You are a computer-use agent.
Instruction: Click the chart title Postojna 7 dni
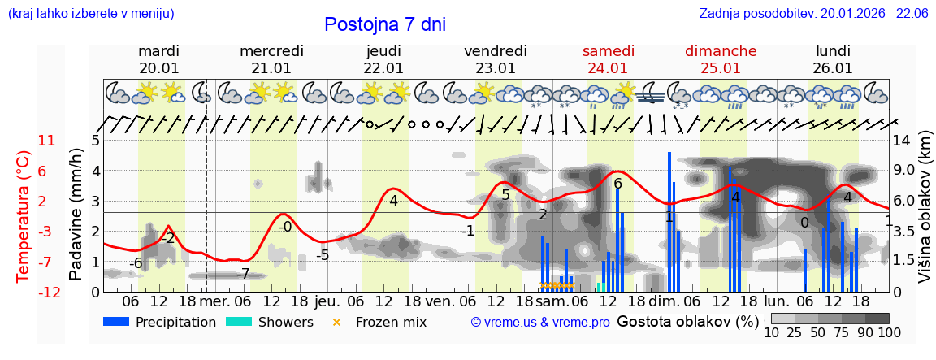[x=385, y=24]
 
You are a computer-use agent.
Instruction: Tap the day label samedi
[x=608, y=50]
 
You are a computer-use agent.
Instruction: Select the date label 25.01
[x=721, y=68]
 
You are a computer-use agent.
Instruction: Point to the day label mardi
[x=159, y=50]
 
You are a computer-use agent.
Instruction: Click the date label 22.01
[x=383, y=68]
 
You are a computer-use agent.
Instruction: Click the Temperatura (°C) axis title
[x=23, y=215]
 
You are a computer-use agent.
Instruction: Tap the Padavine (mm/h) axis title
[x=76, y=215]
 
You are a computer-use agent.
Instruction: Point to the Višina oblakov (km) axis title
[x=924, y=215]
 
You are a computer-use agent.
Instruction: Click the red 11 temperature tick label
[x=46, y=141]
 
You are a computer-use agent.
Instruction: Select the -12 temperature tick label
[x=49, y=292]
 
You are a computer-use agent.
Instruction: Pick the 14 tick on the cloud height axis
[x=902, y=141]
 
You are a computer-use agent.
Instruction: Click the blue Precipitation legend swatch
[x=116, y=322]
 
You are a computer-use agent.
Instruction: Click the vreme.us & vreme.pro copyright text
[x=539, y=323]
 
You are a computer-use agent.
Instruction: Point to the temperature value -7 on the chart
[x=242, y=274]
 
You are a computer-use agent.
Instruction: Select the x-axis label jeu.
[x=327, y=300]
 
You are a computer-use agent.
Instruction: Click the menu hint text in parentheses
[x=91, y=13]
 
